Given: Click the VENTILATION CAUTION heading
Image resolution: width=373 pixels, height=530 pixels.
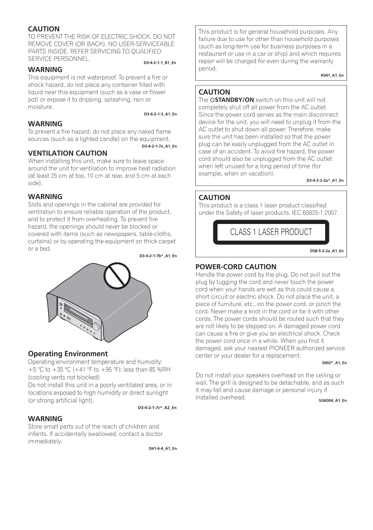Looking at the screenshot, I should tap(68, 153).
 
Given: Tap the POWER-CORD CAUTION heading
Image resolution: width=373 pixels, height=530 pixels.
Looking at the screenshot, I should tap(236, 267).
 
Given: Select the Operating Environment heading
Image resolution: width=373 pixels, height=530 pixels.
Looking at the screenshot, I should tap(68, 354).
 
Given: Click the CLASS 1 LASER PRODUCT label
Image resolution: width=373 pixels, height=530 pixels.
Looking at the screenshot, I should tap(271, 232).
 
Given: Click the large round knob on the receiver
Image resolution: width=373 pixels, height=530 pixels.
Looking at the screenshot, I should tap(97, 327).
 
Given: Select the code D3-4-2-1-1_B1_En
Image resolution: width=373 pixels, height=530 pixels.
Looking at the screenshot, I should tap(160, 63).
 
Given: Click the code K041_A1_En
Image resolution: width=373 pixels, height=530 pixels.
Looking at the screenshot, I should tap(332, 75).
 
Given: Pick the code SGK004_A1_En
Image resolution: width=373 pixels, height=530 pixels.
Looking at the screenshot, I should tap(332, 400).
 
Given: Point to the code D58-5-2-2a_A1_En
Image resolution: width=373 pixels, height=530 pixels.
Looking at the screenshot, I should tap(326, 251).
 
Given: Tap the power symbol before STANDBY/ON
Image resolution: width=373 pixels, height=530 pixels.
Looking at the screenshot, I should tap(212, 100).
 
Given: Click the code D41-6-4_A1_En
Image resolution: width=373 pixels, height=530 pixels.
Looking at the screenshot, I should tap(162, 448).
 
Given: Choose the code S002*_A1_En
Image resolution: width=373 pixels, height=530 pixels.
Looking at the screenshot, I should tap(334, 363).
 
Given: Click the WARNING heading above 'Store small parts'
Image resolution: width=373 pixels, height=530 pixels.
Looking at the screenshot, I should tap(45, 419).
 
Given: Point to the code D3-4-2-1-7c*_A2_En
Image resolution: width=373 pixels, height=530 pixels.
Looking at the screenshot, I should tap(157, 408).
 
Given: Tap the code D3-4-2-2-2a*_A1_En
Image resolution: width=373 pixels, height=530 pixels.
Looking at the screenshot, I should tap(325, 180).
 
